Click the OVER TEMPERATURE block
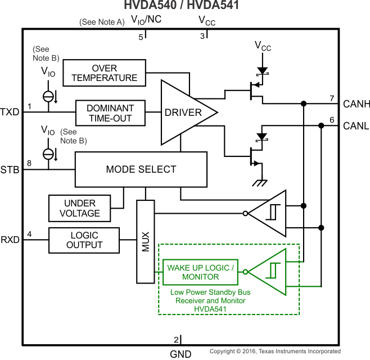(x=105, y=73)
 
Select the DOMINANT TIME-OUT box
(x=110, y=112)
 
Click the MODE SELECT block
(x=141, y=169)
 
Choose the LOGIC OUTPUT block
(x=84, y=240)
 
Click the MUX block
(x=145, y=241)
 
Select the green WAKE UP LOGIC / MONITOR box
(x=200, y=272)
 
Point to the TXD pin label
(x=10, y=111)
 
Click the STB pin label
(x=10, y=169)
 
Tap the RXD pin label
(x=10, y=240)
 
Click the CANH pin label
(x=356, y=103)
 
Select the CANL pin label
(x=356, y=125)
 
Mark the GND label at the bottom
(x=181, y=354)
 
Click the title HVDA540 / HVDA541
(x=184, y=6)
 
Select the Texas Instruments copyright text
(x=275, y=352)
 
